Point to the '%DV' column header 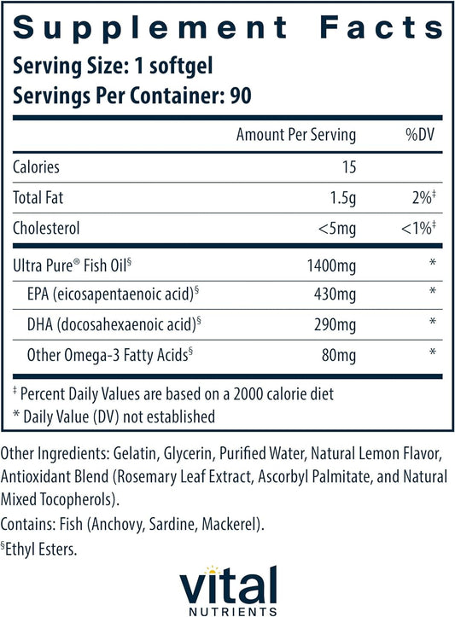point(422,135)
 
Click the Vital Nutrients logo point(226,585)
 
